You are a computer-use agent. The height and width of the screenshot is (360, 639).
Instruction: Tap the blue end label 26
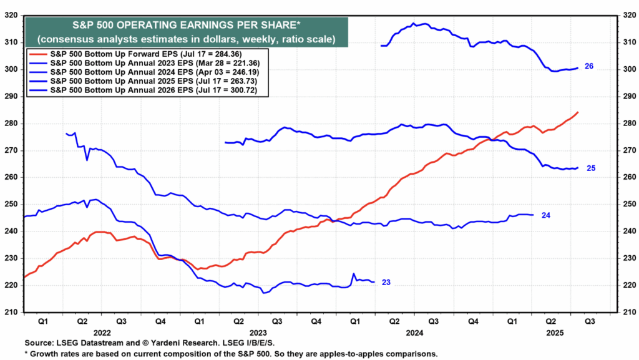click(588, 66)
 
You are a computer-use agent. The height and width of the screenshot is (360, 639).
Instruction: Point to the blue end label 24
click(545, 215)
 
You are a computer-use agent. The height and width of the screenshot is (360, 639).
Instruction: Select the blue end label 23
click(386, 283)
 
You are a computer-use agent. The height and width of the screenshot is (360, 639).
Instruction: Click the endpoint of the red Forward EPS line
click(578, 112)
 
